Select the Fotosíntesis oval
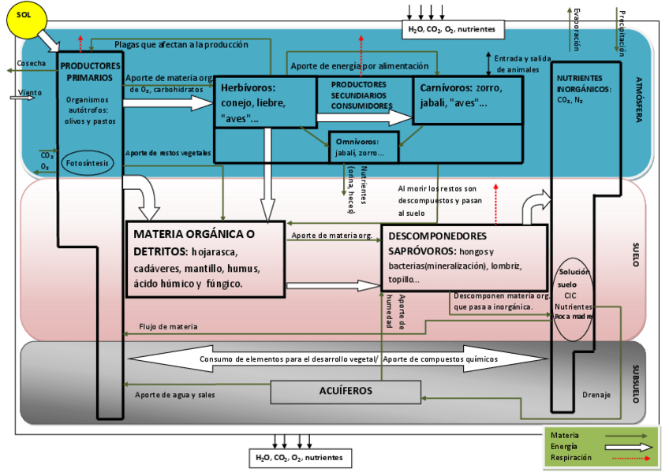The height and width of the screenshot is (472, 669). coord(87,162)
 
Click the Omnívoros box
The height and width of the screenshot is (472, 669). coord(364,147)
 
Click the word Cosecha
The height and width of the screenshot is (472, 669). coord(31,62)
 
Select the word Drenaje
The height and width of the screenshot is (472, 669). coord(596,395)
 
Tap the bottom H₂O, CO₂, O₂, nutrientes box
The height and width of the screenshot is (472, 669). coord(299,457)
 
